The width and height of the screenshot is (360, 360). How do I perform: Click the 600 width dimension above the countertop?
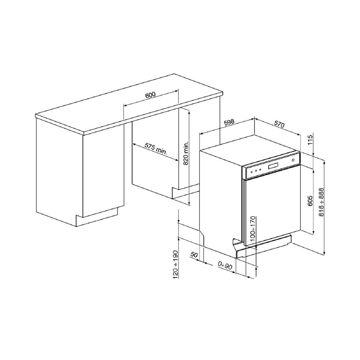[x=150, y=95]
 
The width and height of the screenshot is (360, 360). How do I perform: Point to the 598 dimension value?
[x=229, y=122]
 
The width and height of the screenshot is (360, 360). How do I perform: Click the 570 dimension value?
[x=279, y=124]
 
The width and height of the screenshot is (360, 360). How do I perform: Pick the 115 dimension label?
[x=310, y=140]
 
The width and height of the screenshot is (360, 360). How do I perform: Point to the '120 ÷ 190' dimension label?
[x=176, y=265]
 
